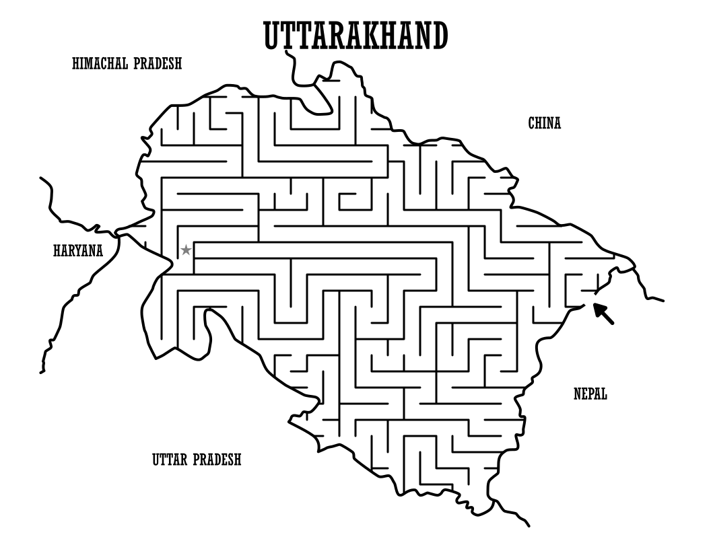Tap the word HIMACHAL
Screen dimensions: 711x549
click(101, 64)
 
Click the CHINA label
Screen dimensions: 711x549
click(544, 123)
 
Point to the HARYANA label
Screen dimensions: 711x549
click(78, 252)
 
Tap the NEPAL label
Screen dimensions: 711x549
click(590, 394)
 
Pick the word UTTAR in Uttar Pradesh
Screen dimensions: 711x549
click(170, 460)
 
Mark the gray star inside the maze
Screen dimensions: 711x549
click(186, 250)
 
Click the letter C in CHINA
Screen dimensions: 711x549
click(531, 123)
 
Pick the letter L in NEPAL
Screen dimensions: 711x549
click(604, 394)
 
